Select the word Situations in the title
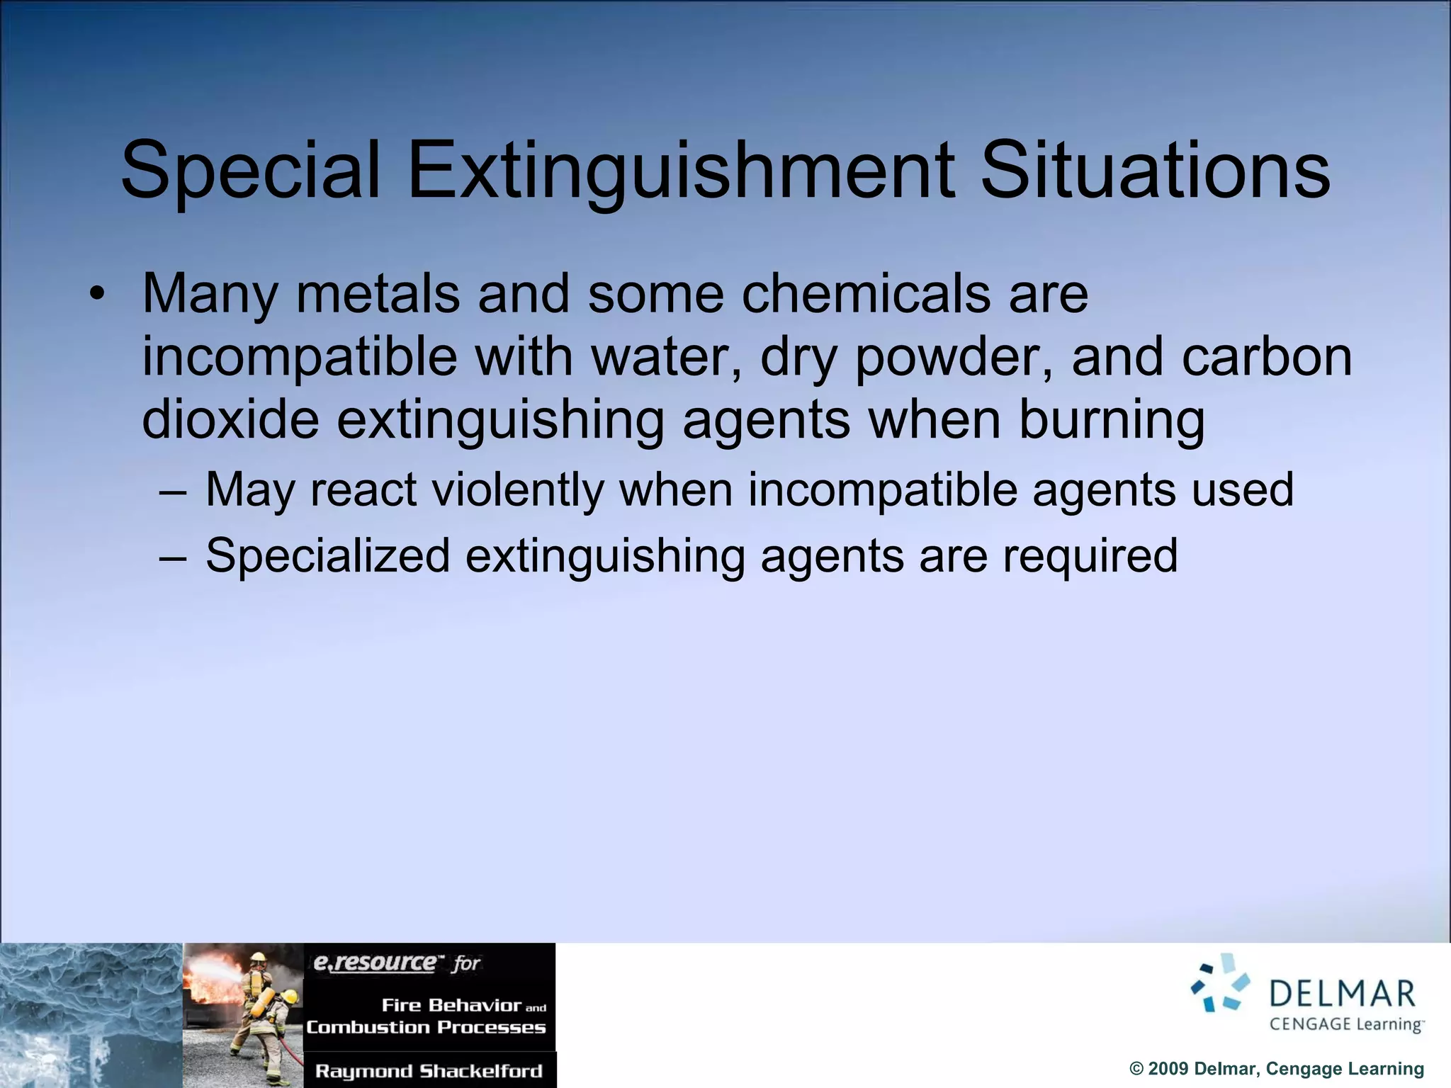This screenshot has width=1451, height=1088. click(x=1155, y=170)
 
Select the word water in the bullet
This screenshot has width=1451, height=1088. click(x=666, y=356)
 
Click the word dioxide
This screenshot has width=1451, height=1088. click(x=230, y=419)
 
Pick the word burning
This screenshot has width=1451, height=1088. click(x=1112, y=419)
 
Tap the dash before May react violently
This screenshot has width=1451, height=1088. click(x=174, y=490)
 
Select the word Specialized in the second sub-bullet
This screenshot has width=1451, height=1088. click(x=327, y=555)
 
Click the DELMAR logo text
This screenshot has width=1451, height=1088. click(x=1342, y=994)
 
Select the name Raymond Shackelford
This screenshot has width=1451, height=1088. click(x=429, y=1071)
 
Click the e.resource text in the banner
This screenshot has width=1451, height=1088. click(x=376, y=963)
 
